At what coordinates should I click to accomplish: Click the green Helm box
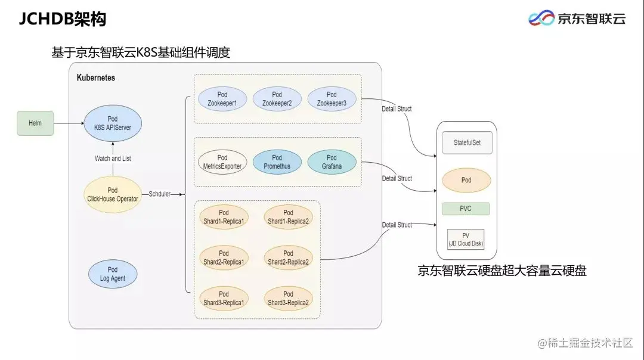pyautogui.click(x=35, y=123)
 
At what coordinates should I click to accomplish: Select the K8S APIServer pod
pyautogui.click(x=113, y=123)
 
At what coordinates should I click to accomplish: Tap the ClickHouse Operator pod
pyautogui.click(x=113, y=194)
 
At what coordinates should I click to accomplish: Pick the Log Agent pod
pyautogui.click(x=113, y=274)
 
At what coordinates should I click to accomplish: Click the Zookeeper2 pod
pyautogui.click(x=277, y=99)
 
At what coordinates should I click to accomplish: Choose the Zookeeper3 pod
pyautogui.click(x=332, y=99)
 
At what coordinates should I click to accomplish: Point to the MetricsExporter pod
pyautogui.click(x=222, y=162)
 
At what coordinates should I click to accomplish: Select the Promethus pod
pyautogui.click(x=277, y=162)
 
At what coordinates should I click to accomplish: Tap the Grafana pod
pyautogui.click(x=332, y=162)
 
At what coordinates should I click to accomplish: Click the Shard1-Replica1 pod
pyautogui.click(x=224, y=217)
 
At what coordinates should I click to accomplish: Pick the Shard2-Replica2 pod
pyautogui.click(x=288, y=257)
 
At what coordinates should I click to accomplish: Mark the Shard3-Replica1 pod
pyautogui.click(x=224, y=298)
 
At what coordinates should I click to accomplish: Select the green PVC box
pyautogui.click(x=466, y=209)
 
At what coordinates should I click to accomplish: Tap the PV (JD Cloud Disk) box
pyautogui.click(x=466, y=239)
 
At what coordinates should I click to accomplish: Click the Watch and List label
pyautogui.click(x=113, y=159)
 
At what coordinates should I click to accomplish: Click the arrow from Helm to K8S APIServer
pyautogui.click(x=69, y=123)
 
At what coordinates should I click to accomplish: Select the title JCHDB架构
pyautogui.click(x=63, y=20)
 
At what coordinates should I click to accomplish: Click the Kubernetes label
pyautogui.click(x=96, y=78)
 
